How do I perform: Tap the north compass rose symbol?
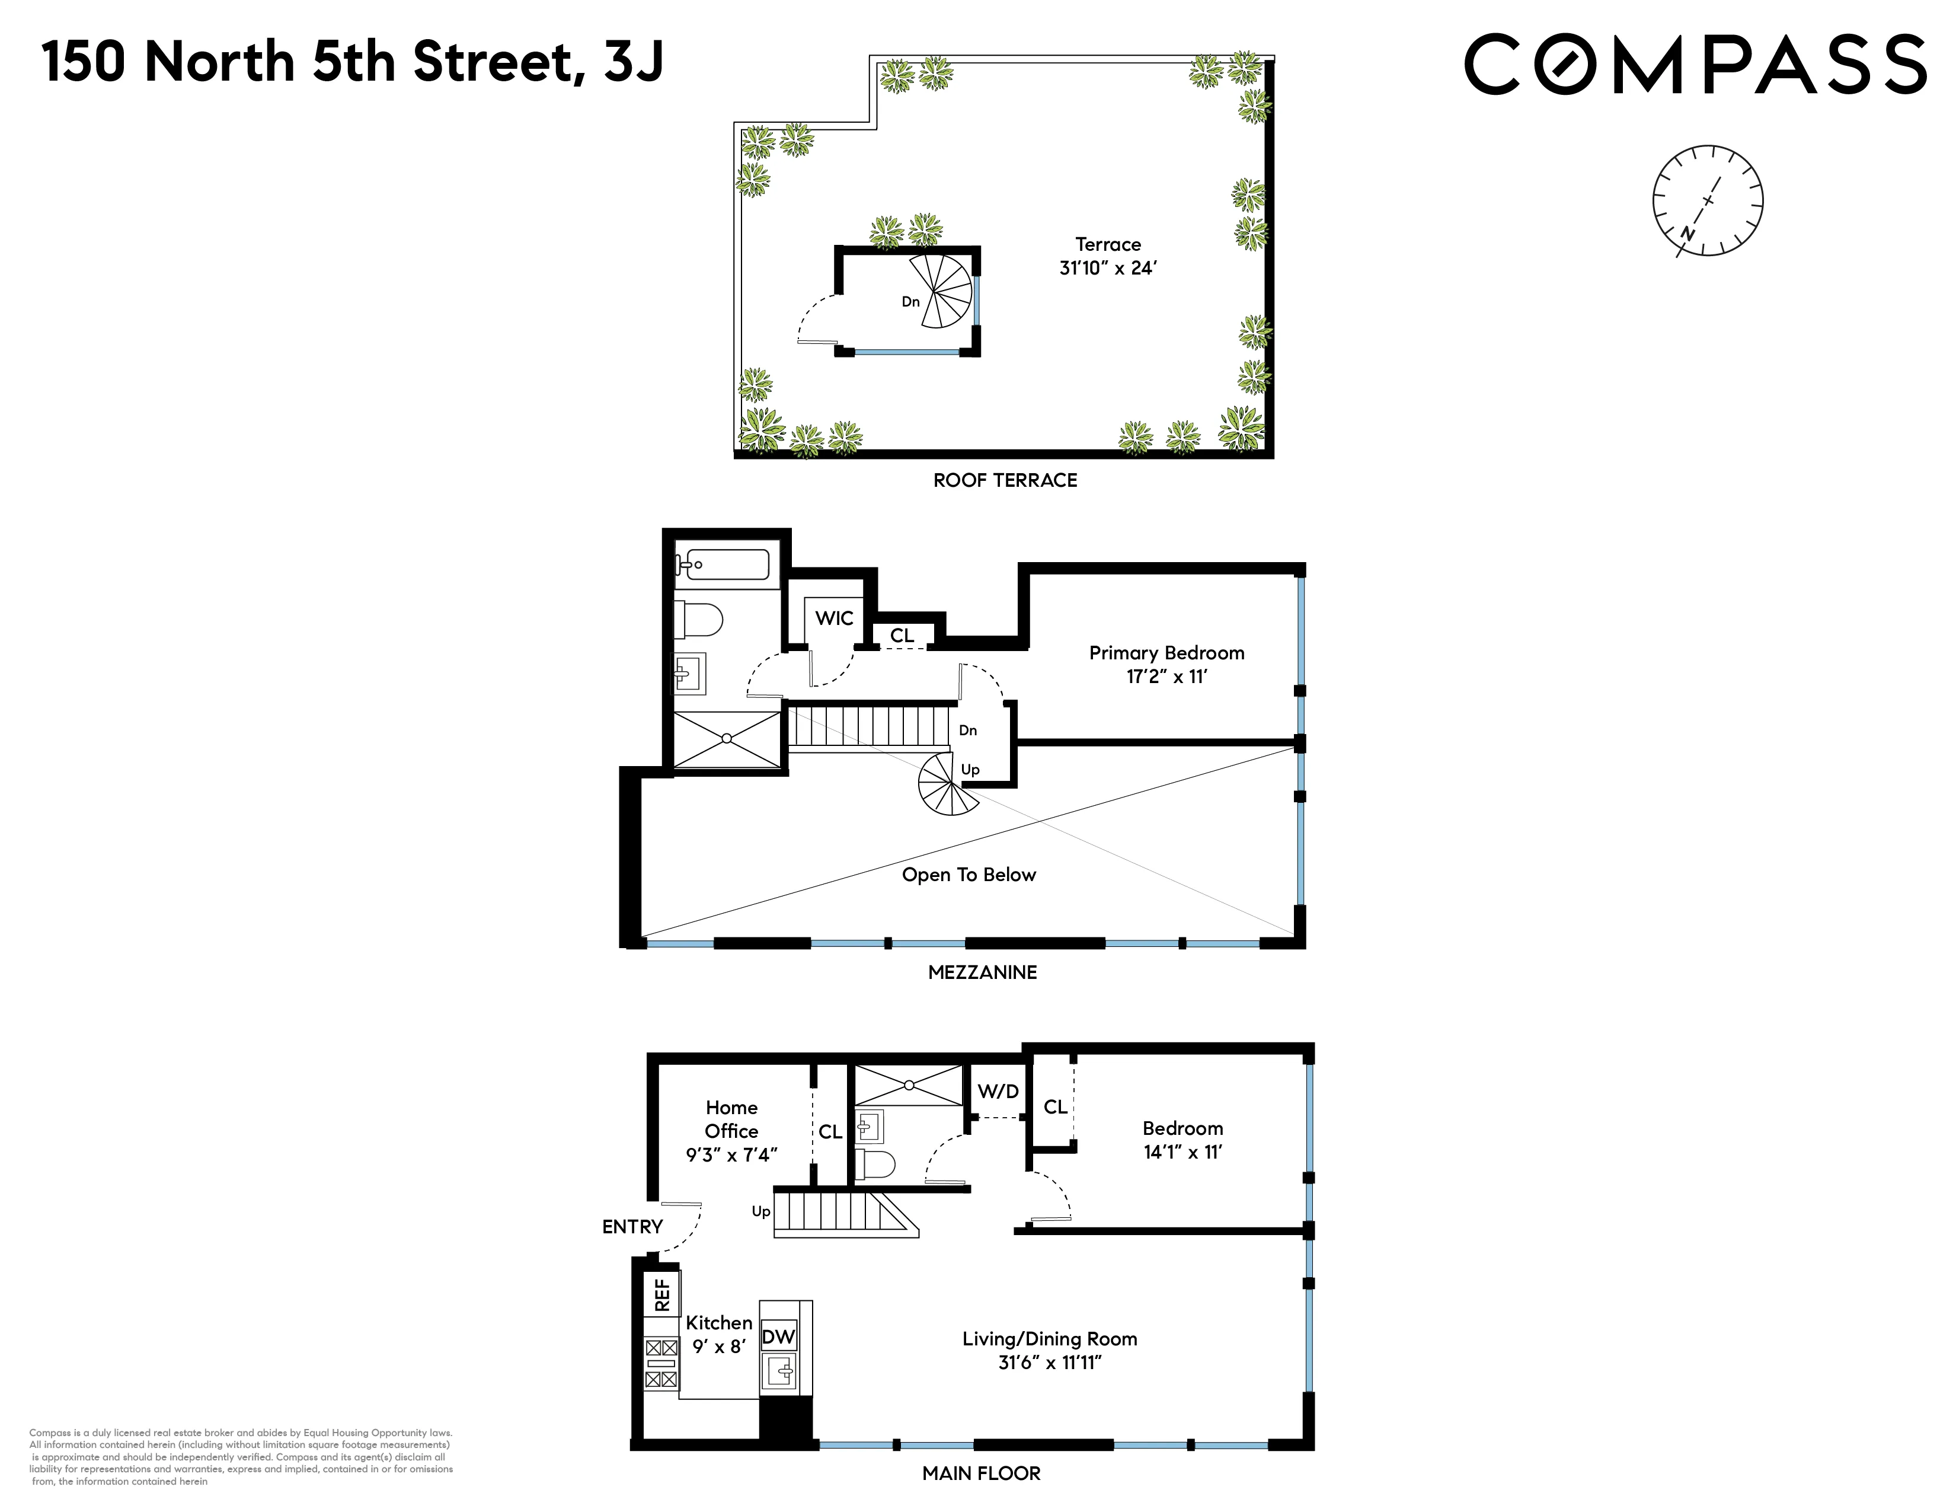[x=1707, y=200]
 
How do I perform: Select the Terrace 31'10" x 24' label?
[x=1108, y=256]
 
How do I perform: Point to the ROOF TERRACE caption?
[x=1005, y=480]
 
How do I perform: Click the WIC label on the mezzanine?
[x=834, y=618]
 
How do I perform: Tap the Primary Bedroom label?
[x=1166, y=664]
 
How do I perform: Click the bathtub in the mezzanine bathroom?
[x=722, y=564]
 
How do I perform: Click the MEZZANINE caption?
[x=983, y=972]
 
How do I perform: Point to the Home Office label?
[x=731, y=1130]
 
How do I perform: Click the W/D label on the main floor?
[x=998, y=1091]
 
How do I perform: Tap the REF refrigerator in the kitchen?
[x=662, y=1294]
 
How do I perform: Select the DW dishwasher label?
[x=778, y=1336]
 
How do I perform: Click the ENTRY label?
[x=632, y=1226]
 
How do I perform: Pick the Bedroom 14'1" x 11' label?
[x=1182, y=1140]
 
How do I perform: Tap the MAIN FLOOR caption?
[x=981, y=1473]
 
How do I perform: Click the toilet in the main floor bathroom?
[x=875, y=1165]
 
